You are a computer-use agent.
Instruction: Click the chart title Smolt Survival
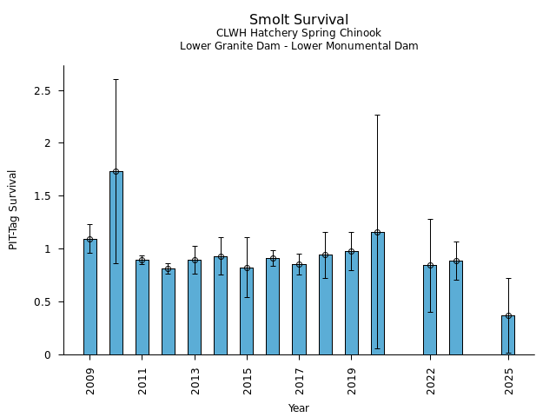(299, 20)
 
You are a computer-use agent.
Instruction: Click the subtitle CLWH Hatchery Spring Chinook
(299, 34)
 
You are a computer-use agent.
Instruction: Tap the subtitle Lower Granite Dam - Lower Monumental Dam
(299, 46)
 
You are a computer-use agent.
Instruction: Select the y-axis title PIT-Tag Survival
(13, 209)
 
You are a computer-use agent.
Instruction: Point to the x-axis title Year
(299, 408)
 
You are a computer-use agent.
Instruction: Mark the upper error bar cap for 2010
(116, 79)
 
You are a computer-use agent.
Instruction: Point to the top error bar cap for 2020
(378, 115)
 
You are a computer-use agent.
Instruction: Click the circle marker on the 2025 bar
(508, 315)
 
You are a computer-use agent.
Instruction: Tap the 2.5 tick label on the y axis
(41, 91)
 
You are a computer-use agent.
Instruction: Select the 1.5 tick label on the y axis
(41, 196)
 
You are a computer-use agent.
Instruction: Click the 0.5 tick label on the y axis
(41, 302)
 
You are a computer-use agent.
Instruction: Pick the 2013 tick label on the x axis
(195, 381)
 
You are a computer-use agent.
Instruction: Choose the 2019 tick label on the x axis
(352, 381)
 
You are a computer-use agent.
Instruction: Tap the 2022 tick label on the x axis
(430, 381)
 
